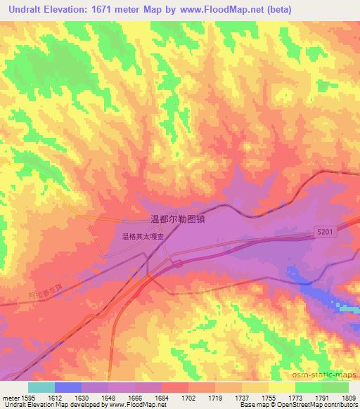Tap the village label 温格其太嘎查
(x=143, y=237)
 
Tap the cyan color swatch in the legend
(x=41, y=387)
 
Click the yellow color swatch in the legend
(x=282, y=387)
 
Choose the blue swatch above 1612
(x=68, y=387)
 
